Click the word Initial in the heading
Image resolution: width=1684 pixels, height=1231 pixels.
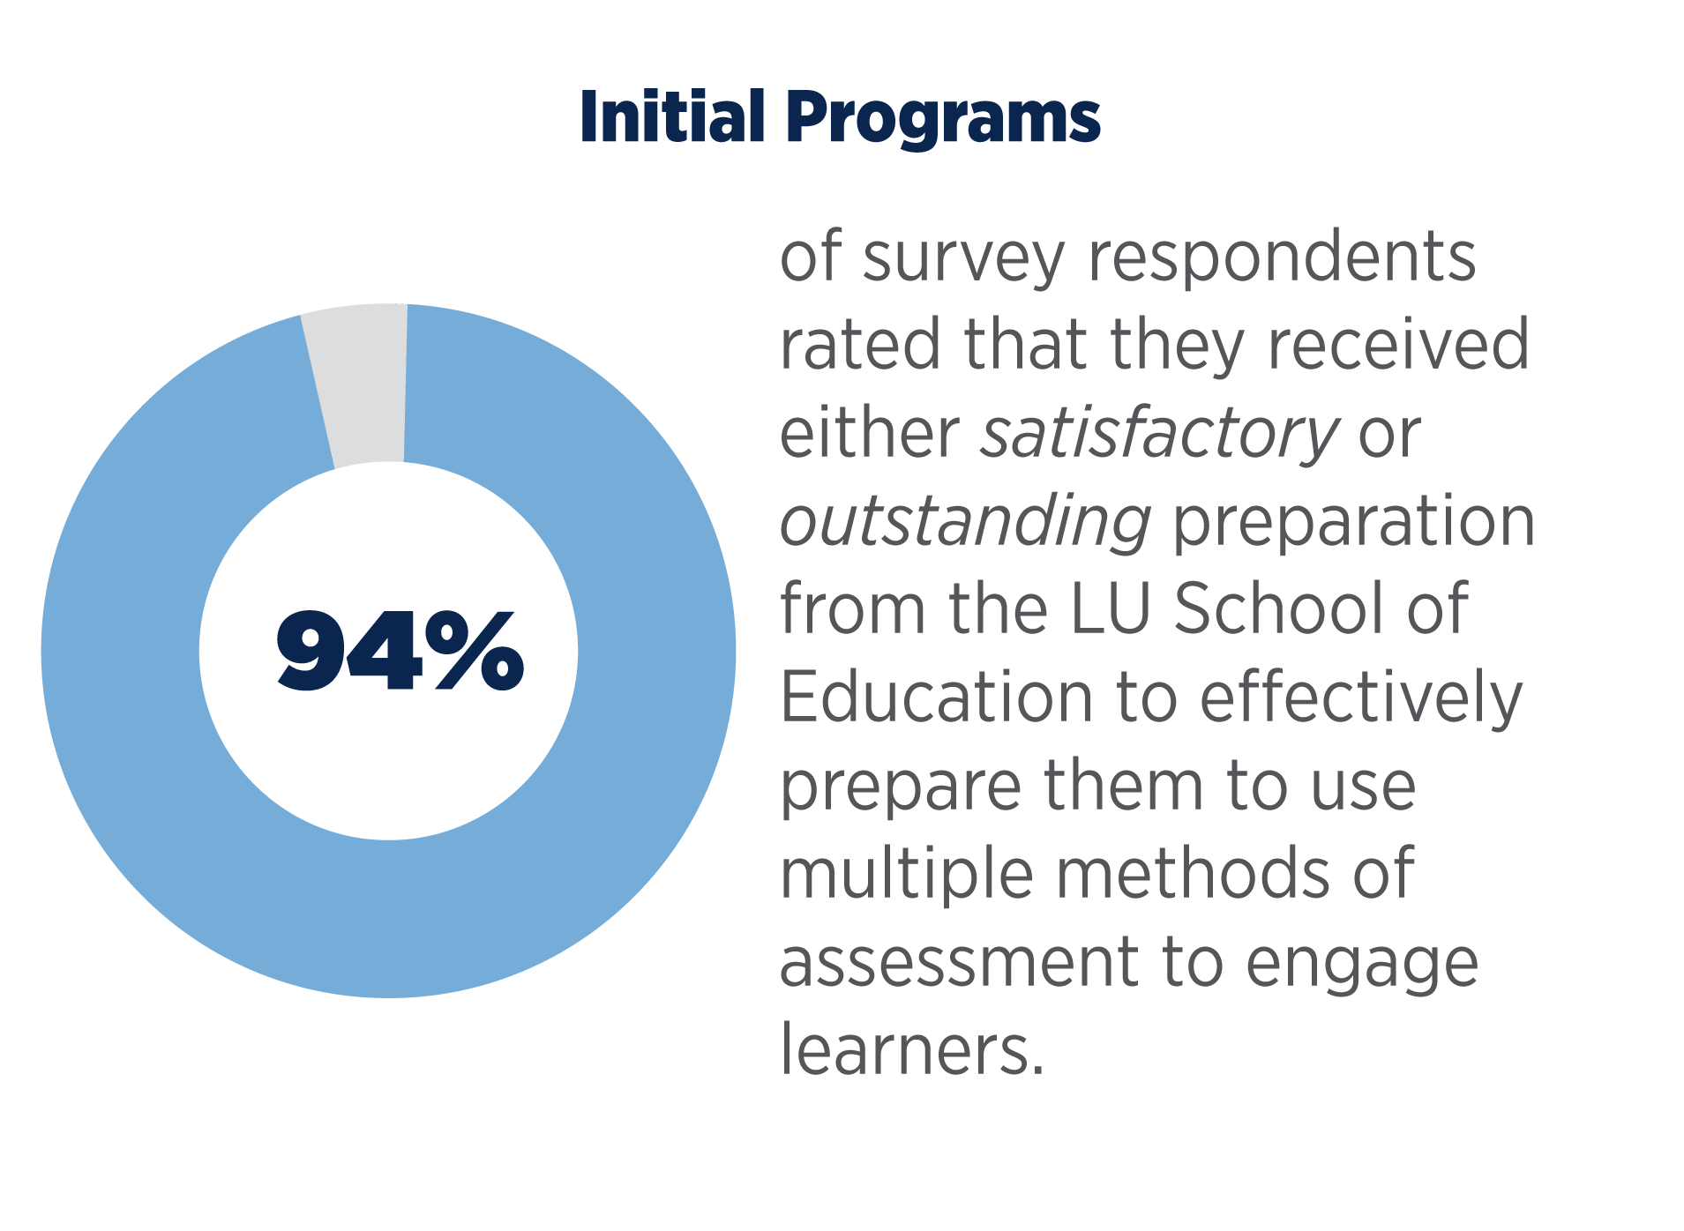click(x=671, y=116)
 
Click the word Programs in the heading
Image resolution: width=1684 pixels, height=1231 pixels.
click(x=942, y=119)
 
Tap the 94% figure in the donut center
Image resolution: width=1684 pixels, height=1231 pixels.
click(x=400, y=651)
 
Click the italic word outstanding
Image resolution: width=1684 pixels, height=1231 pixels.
click(x=965, y=521)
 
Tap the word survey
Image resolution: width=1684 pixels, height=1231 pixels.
click(x=963, y=258)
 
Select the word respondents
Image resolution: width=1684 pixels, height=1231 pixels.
click(x=1282, y=258)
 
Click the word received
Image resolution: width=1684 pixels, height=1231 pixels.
click(x=1397, y=345)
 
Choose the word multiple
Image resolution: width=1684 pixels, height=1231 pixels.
click(x=906, y=875)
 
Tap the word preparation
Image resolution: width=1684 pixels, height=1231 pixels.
click(x=1353, y=523)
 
